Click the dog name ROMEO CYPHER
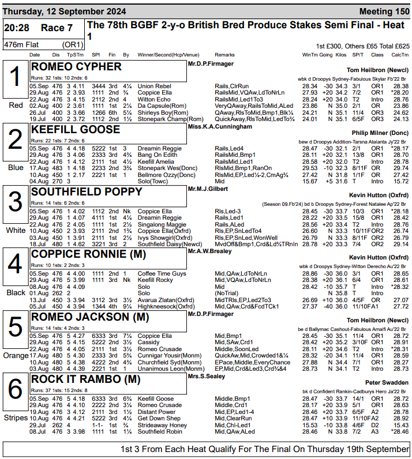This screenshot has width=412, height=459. (x=76, y=67)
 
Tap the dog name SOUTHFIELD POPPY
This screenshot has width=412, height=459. (x=86, y=191)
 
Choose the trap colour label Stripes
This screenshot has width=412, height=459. (x=16, y=417)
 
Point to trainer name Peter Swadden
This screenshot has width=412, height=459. (x=387, y=382)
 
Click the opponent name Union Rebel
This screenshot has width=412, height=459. (x=151, y=86)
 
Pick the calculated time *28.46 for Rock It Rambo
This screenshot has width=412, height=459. (x=399, y=431)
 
